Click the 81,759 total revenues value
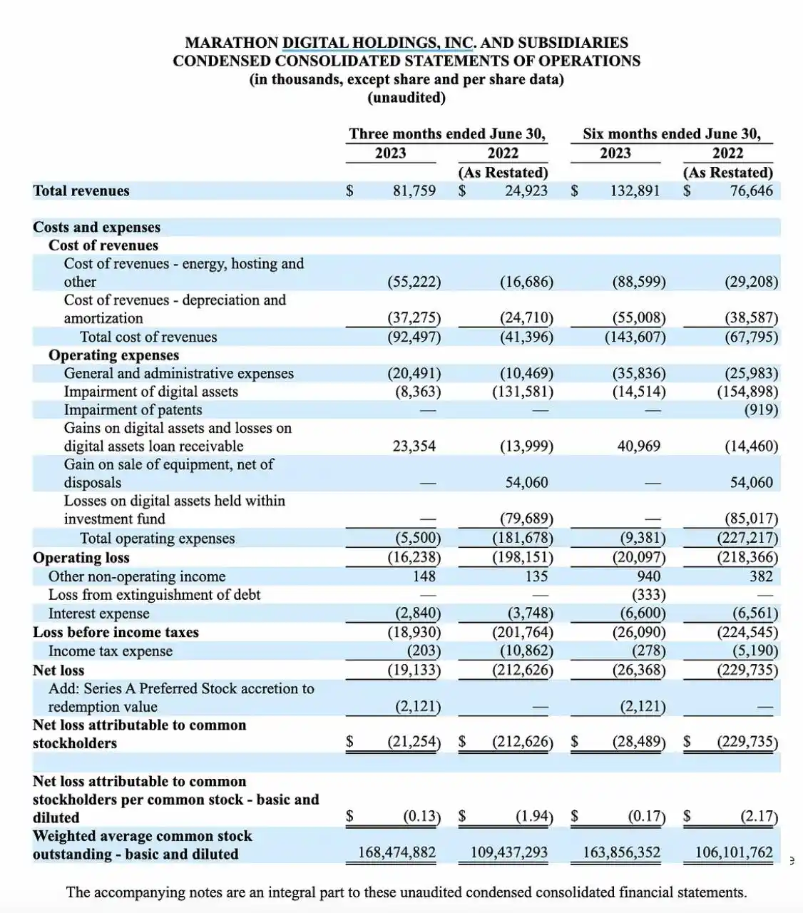tap(414, 190)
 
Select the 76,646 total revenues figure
tap(751, 190)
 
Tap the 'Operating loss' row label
tap(81, 558)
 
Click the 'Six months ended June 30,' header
tap(671, 133)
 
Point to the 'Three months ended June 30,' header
tap(447, 133)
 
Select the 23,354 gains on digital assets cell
tap(414, 446)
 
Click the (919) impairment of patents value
tap(761, 409)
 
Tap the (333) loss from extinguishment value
tap(648, 595)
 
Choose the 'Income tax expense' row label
tap(111, 651)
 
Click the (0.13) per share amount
tap(421, 816)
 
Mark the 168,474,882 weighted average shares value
tap(397, 852)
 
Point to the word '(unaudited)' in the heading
tap(406, 98)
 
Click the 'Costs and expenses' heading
tap(96, 227)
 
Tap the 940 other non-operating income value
tap(648, 576)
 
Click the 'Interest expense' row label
tap(98, 613)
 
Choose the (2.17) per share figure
tap(759, 816)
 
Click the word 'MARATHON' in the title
tap(231, 43)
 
